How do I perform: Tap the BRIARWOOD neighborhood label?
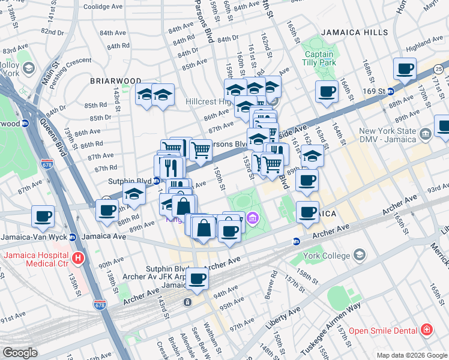(x=115, y=80)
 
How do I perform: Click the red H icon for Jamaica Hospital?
(x=77, y=259)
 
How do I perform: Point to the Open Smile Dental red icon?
(x=426, y=329)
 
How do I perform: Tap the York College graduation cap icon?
(x=359, y=255)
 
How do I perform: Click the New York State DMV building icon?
(x=426, y=133)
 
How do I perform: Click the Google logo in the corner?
(x=20, y=352)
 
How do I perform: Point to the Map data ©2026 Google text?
(x=411, y=355)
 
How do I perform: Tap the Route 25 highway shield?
(x=439, y=70)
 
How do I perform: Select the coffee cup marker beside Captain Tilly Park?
(x=327, y=92)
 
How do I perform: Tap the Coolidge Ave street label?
(x=103, y=6)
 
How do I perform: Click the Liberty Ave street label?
(x=283, y=319)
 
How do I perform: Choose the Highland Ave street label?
(x=424, y=46)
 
